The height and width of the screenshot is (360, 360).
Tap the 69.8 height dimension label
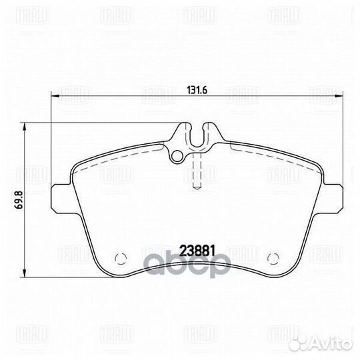[x=18, y=199]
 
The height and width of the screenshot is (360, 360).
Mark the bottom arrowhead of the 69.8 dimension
[x=27, y=273]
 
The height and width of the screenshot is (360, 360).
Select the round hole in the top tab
[x=177, y=157]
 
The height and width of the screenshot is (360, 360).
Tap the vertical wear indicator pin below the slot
[x=195, y=171]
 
